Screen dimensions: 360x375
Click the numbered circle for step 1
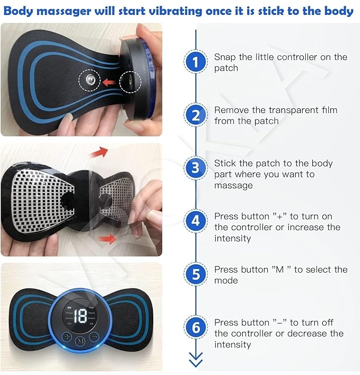point(196,62)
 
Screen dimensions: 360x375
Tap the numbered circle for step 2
point(196,115)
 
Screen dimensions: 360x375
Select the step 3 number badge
point(196,168)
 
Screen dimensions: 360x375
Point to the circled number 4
point(196,221)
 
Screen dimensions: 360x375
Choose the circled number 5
point(196,274)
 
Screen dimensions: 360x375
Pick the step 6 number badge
point(196,327)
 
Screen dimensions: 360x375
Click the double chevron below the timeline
point(196,360)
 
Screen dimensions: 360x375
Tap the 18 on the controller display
point(80,316)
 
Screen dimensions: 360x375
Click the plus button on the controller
point(67,337)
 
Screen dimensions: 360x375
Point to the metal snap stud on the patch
point(90,79)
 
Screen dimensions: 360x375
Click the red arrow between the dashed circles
point(110,83)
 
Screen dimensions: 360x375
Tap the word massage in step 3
point(233,186)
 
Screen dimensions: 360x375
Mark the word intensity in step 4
point(232,239)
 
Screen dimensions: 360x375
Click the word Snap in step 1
point(224,57)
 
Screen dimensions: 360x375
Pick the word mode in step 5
point(226,280)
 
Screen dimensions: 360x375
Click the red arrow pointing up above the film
point(99,152)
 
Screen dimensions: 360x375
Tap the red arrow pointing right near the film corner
point(107,239)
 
